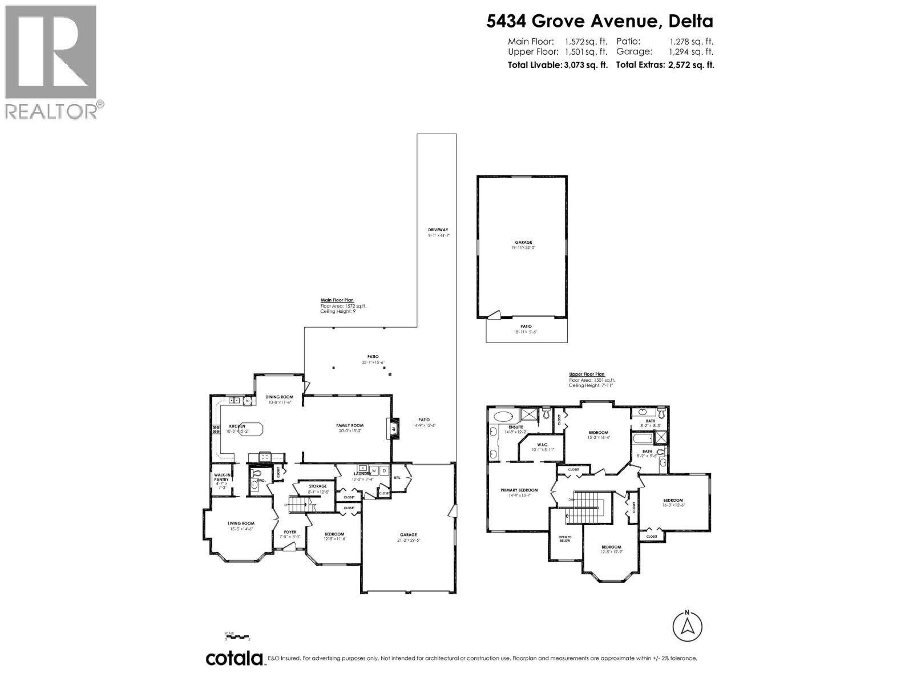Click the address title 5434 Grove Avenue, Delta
tap(599, 21)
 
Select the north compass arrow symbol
tap(688, 626)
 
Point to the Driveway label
tap(438, 229)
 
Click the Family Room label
tap(349, 425)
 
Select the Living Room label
tap(241, 523)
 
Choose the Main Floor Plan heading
tap(337, 300)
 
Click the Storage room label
tap(318, 486)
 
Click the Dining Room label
tap(279, 397)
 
